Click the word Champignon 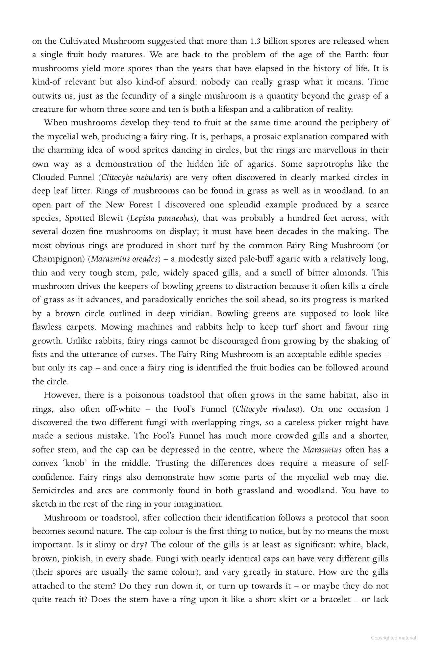click(x=58, y=259)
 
